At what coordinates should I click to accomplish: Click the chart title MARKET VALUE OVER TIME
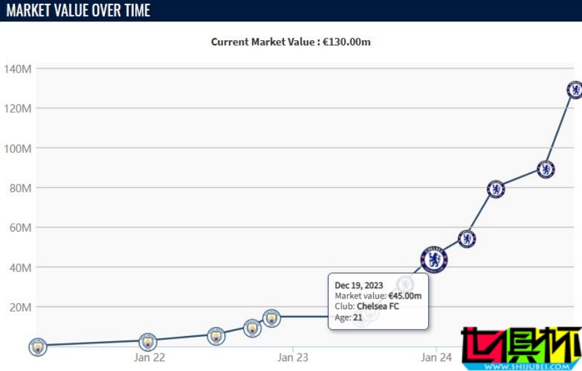[78, 10]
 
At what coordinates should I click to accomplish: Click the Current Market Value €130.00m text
[291, 41]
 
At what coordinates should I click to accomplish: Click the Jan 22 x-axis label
[149, 357]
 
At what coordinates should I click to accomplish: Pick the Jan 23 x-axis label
[293, 357]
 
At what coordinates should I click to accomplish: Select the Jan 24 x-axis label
[436, 357]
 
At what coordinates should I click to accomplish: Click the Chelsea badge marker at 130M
[574, 90]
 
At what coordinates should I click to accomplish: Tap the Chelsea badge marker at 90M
[546, 170]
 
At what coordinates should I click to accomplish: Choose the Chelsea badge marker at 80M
[496, 189]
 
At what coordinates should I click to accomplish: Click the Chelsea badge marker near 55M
[467, 239]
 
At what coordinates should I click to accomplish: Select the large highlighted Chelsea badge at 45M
[434, 260]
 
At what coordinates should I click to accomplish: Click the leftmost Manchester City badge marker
[39, 347]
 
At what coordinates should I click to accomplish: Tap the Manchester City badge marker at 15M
[272, 317]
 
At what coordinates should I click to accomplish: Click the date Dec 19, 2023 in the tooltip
[359, 285]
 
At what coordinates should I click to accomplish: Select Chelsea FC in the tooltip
[378, 306]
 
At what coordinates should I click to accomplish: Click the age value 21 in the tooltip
[357, 317]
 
